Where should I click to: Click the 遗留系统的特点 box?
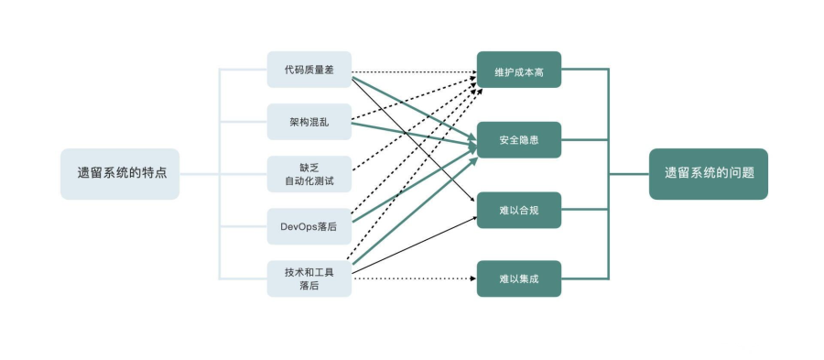point(120,173)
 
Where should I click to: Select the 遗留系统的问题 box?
point(708,173)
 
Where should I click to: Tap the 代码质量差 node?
point(309,70)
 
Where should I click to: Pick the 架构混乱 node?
point(309,121)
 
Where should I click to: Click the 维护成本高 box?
point(518,70)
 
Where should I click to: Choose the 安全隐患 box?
point(518,140)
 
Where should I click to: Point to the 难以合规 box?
point(518,210)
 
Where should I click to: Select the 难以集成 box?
point(518,278)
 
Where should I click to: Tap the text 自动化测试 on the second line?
point(309,181)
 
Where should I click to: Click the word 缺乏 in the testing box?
point(309,167)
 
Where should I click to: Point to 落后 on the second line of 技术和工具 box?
point(309,286)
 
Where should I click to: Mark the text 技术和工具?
point(309,272)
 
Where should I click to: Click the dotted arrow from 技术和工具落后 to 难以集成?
point(412,278)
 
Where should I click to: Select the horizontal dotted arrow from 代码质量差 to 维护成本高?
point(412,71)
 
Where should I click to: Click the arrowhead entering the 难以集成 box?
point(472,278)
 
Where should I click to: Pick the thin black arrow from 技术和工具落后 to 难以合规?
point(412,243)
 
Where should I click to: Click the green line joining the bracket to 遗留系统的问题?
point(629,173)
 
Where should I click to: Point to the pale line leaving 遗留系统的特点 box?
point(199,173)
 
